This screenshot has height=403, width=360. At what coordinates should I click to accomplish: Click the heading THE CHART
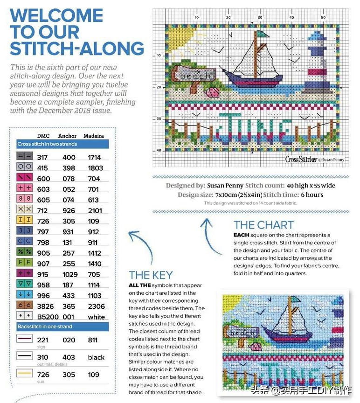[263, 225]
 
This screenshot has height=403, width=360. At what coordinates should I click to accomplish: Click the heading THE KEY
[151, 275]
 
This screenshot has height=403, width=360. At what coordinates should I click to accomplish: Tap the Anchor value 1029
[70, 274]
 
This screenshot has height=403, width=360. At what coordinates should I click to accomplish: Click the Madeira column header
[93, 136]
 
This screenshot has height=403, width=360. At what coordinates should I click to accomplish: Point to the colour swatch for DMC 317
[25, 158]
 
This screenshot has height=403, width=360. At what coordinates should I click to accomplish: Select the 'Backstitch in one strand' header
[45, 327]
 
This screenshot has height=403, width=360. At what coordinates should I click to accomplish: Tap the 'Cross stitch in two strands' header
[48, 144]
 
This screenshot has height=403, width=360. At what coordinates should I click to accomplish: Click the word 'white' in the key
[96, 317]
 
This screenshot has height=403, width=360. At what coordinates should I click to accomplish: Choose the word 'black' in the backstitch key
[96, 357]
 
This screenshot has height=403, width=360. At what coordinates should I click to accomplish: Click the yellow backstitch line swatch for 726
[25, 373]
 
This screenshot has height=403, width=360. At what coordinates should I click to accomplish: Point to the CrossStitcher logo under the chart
[301, 159]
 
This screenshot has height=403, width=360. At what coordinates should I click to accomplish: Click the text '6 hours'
[312, 195]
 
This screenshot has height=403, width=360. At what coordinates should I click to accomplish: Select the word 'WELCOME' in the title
[56, 15]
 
